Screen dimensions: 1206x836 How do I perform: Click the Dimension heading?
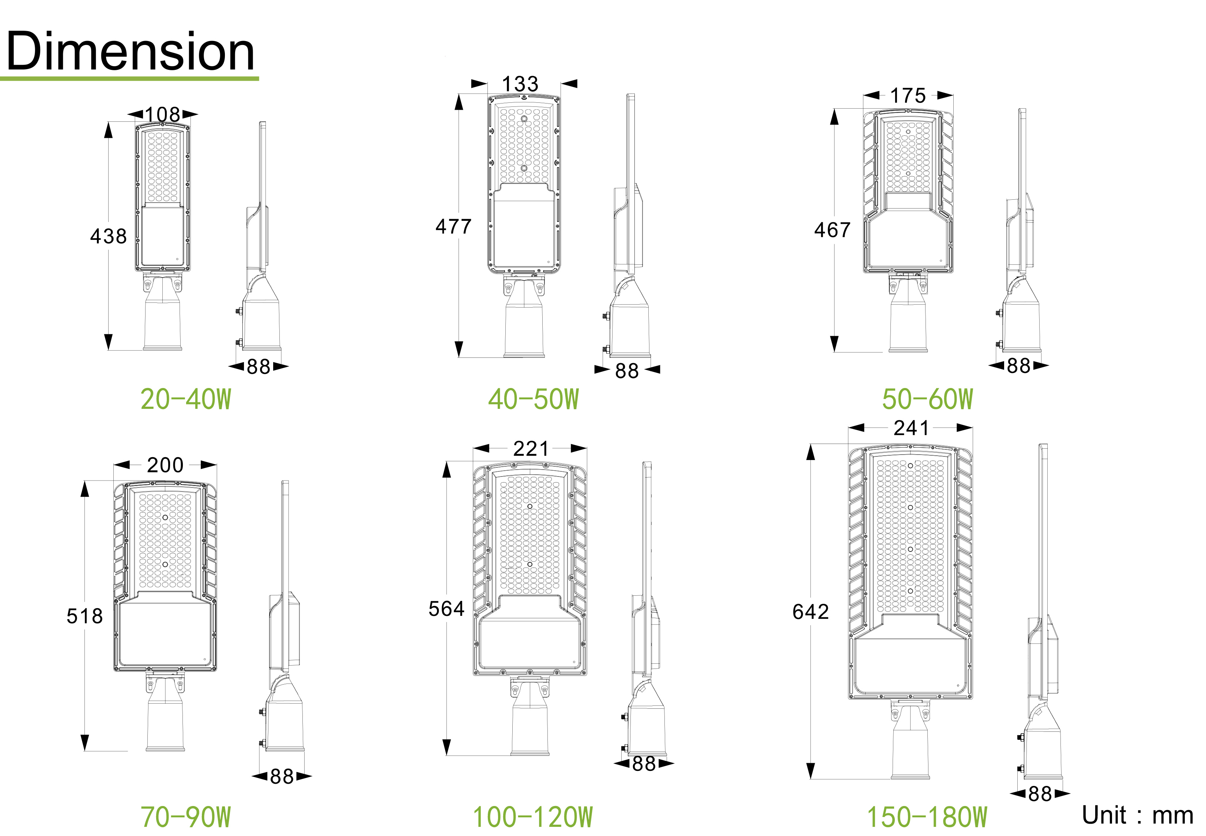tap(131, 51)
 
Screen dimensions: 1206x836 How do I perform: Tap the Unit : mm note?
tap(1137, 815)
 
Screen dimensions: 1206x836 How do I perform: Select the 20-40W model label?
tap(186, 399)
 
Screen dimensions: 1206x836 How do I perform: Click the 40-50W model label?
tap(534, 399)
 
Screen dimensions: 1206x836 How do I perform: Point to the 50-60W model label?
tap(927, 399)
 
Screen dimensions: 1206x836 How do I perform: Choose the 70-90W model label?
tap(186, 817)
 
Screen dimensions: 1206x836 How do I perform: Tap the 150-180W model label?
tap(927, 817)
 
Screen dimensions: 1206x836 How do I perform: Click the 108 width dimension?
tap(162, 114)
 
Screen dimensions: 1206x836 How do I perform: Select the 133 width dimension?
tap(520, 84)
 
